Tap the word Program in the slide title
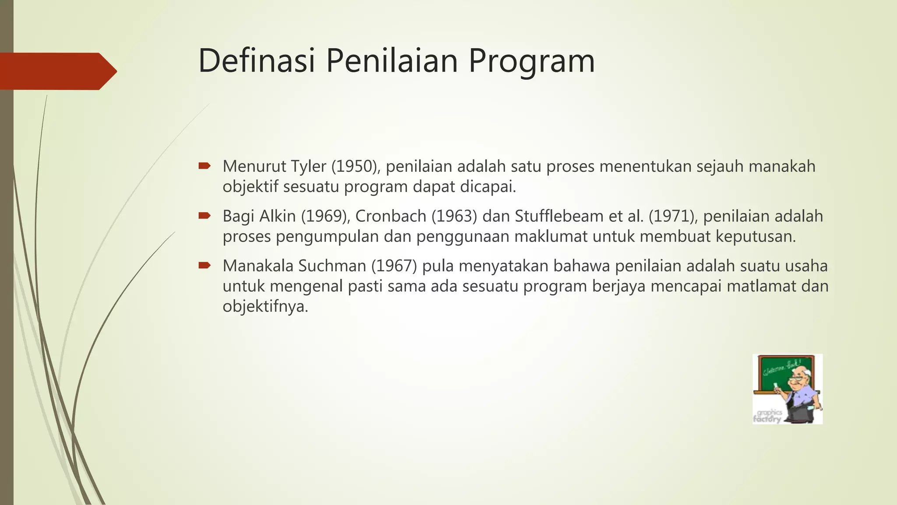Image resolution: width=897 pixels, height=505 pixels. (x=532, y=61)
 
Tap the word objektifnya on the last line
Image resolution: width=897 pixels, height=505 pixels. (x=265, y=306)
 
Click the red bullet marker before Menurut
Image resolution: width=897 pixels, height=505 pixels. (x=205, y=166)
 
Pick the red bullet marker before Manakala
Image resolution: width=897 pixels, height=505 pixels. (x=205, y=265)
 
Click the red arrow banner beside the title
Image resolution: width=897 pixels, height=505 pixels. (x=57, y=71)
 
